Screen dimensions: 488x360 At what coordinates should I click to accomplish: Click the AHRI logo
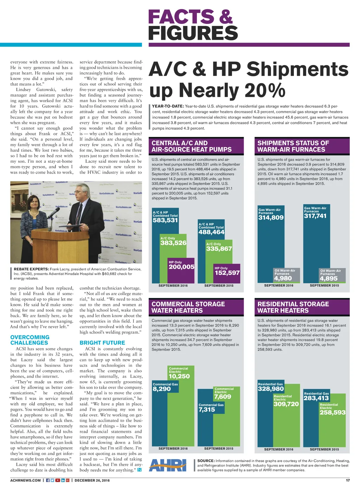(168, 465)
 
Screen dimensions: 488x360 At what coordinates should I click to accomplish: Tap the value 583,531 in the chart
(165, 221)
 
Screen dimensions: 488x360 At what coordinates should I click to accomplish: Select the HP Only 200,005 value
(181, 267)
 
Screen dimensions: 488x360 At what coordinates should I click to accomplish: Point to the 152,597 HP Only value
(227, 273)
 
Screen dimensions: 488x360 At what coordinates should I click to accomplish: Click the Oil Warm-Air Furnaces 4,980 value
(283, 279)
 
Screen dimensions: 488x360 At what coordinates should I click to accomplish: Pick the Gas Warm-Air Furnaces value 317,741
(315, 216)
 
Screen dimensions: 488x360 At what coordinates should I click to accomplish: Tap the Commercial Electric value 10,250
(179, 376)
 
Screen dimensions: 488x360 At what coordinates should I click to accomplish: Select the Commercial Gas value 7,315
(207, 410)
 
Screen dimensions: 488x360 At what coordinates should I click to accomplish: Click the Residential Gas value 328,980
(271, 389)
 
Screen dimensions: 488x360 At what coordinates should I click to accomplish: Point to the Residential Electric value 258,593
(333, 412)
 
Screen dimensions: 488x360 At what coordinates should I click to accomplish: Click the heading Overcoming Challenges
(30, 340)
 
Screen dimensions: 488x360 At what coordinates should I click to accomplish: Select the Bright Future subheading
(102, 343)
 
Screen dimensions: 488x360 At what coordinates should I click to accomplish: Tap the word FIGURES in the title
(193, 33)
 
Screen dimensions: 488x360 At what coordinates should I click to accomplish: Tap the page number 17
(348, 480)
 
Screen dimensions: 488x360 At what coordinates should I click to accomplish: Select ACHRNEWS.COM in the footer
(26, 480)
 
